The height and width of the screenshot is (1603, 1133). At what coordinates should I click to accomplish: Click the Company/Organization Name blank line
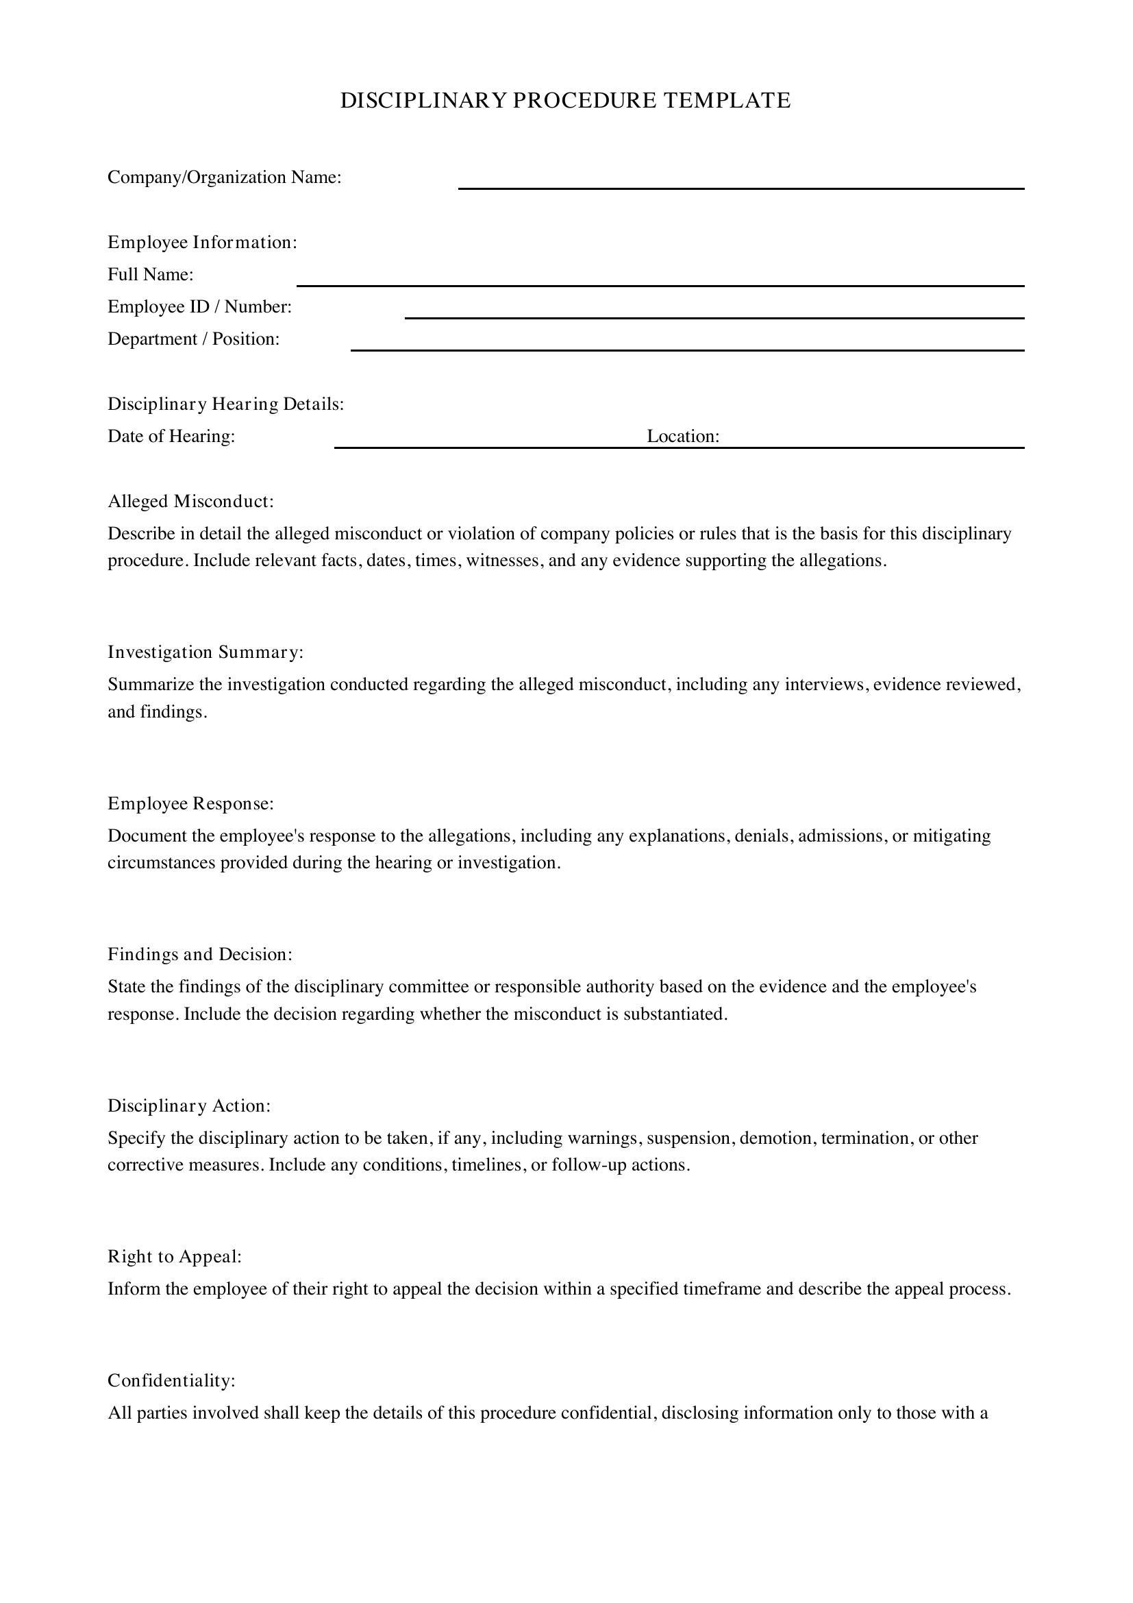tap(740, 187)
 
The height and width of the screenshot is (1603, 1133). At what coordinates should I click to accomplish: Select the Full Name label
tap(150, 274)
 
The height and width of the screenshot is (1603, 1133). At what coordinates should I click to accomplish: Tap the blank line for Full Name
tap(660, 284)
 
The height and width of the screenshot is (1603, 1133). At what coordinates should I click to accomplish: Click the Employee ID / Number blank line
tap(714, 317)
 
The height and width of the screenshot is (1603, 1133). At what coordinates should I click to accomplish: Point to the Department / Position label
tap(193, 339)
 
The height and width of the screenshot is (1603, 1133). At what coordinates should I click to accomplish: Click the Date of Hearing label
tap(171, 436)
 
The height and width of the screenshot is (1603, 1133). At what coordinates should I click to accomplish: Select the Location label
tap(682, 436)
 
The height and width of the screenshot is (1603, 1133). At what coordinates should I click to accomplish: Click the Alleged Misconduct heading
tap(190, 500)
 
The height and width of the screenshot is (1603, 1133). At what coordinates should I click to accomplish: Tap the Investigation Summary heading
tap(205, 651)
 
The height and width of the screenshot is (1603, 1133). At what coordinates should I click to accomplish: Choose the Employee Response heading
tap(190, 803)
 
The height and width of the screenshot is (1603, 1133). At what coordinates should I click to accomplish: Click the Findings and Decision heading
tap(199, 954)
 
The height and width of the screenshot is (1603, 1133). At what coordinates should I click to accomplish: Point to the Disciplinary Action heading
tap(188, 1105)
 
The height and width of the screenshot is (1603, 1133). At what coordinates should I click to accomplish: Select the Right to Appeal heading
tap(175, 1256)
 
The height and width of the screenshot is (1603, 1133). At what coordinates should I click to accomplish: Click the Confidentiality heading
tap(171, 1380)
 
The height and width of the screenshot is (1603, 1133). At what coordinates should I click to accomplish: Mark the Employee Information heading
tap(202, 242)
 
